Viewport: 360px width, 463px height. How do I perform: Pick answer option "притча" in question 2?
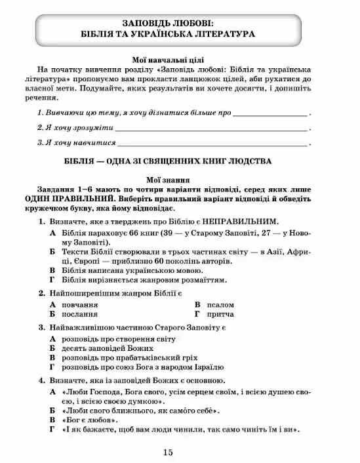pos(220,315)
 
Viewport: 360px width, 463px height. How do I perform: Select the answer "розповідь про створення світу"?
pos(118,338)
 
